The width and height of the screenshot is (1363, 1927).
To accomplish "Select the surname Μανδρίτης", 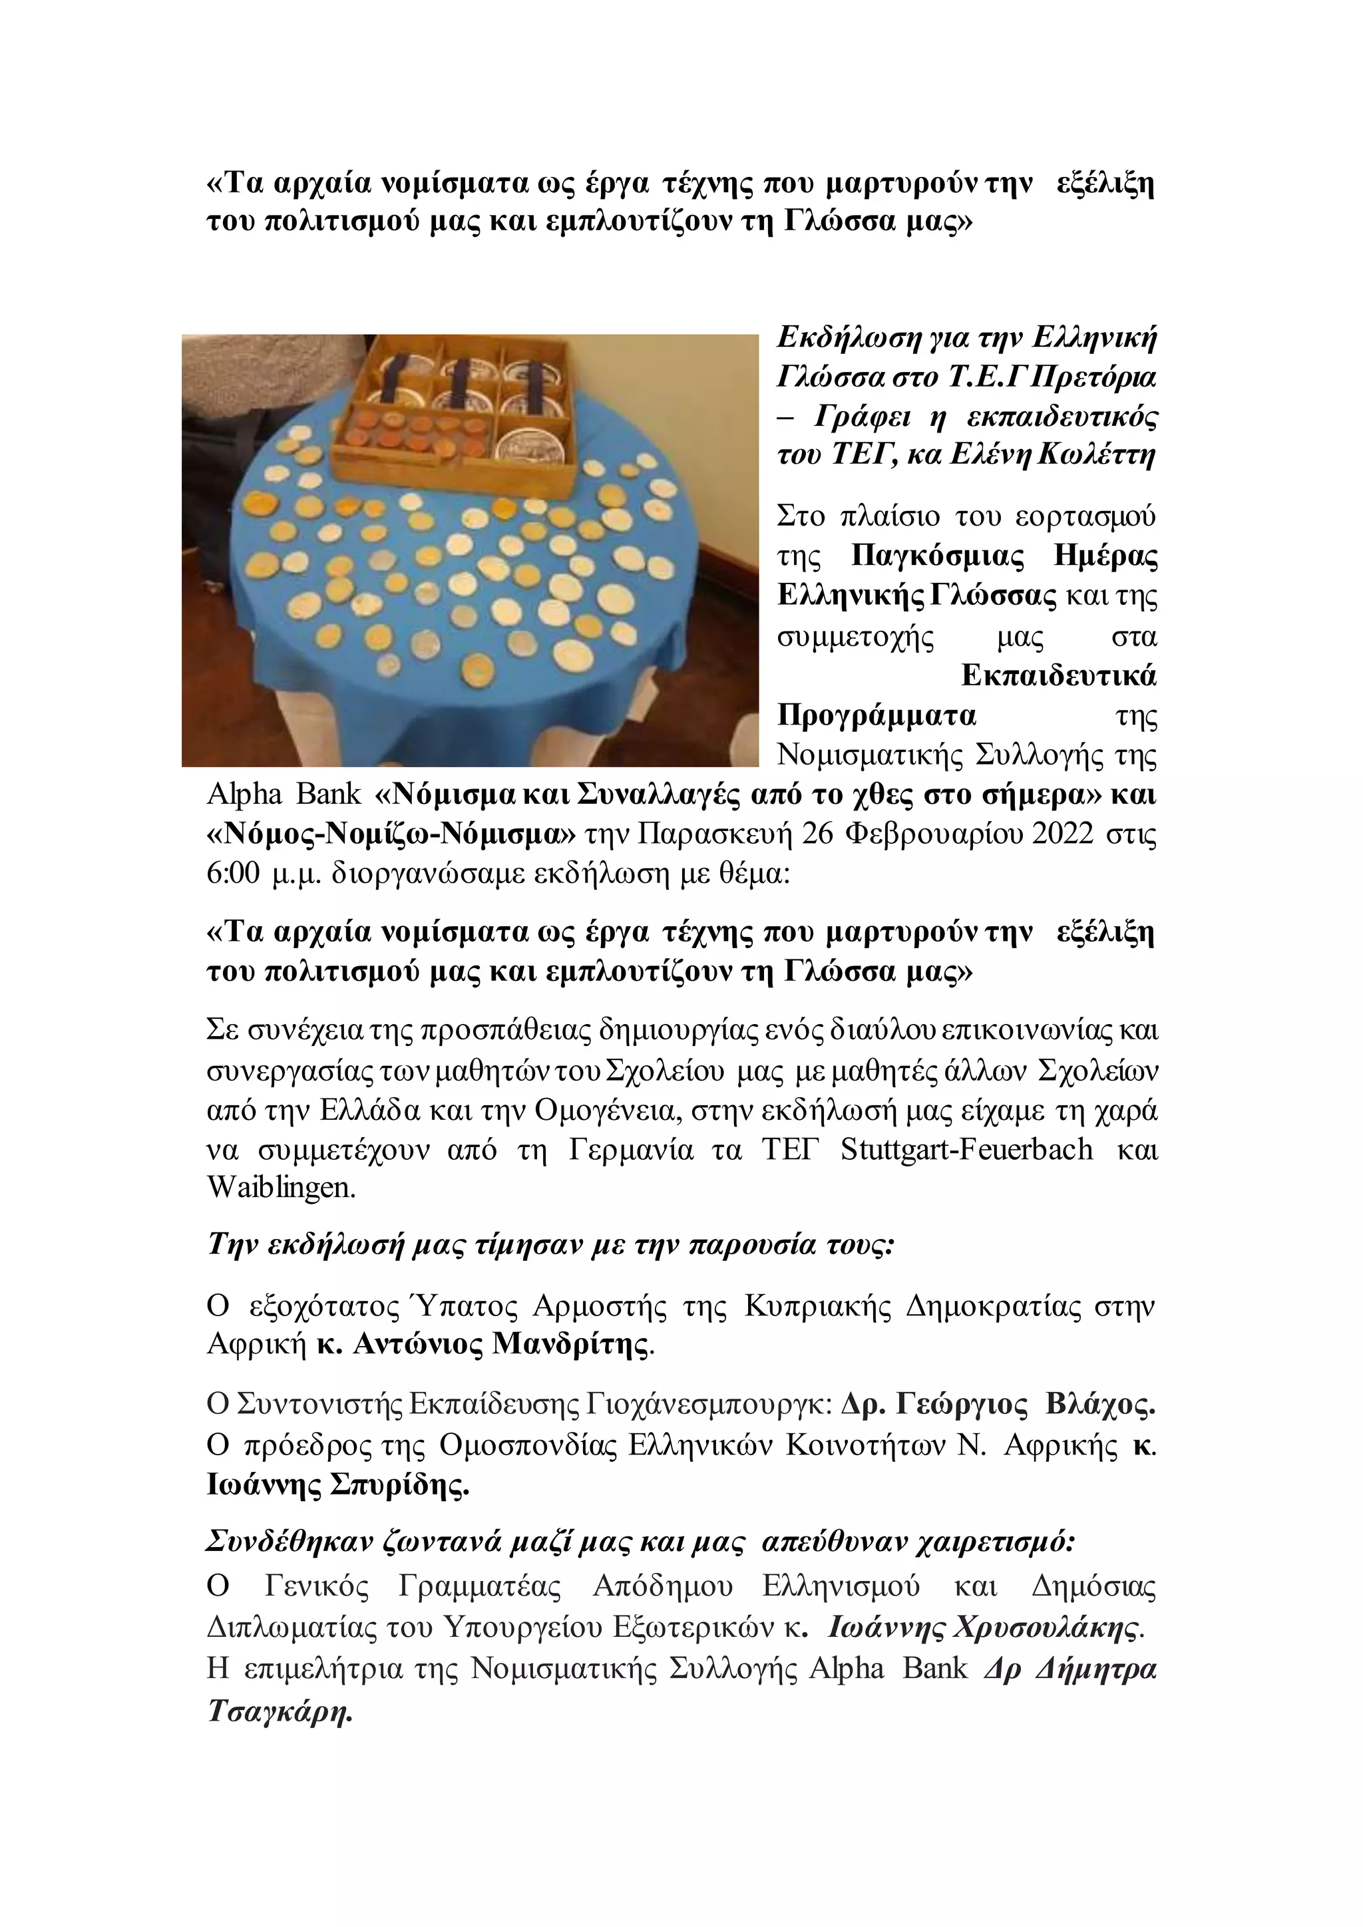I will pyautogui.click(x=572, y=1345).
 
